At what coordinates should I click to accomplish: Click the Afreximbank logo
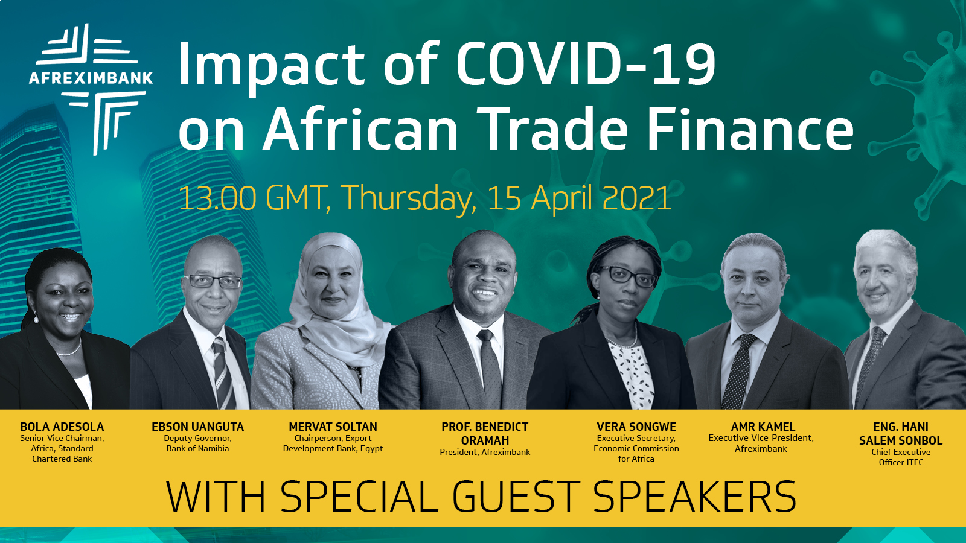[x=91, y=89]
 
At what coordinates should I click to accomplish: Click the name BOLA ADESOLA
[x=62, y=427]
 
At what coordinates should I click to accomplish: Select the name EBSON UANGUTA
[x=197, y=427]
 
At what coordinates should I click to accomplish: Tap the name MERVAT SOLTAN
[x=333, y=427]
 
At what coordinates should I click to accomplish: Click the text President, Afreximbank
[x=485, y=452]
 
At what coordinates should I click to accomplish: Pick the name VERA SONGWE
[x=636, y=427]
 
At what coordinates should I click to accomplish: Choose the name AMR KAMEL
[x=763, y=427]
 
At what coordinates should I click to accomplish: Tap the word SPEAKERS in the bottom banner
[x=695, y=497]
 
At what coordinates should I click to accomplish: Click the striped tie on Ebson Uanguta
[x=223, y=372]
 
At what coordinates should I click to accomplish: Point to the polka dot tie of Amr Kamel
[x=738, y=371]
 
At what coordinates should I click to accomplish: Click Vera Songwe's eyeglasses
[x=629, y=276]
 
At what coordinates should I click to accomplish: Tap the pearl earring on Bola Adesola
[x=36, y=319]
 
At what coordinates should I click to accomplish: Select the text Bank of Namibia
[x=197, y=449]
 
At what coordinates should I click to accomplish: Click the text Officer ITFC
[x=901, y=462]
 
